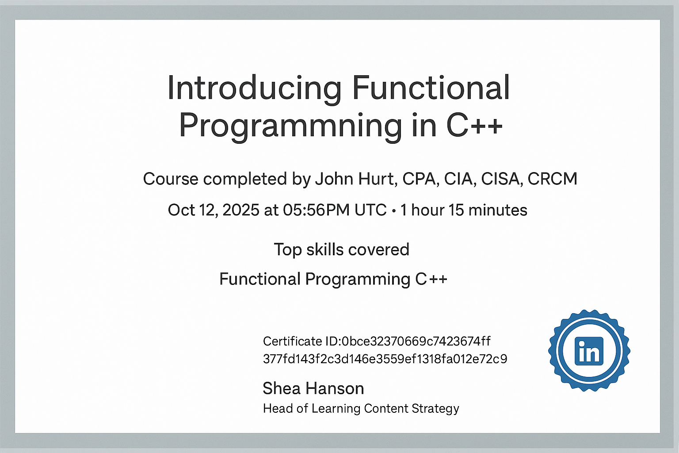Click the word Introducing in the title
(254, 88)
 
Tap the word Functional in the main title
(431, 88)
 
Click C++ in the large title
(474, 125)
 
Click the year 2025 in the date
(240, 210)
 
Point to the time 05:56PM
(316, 210)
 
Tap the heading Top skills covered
(342, 250)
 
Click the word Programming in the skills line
(358, 279)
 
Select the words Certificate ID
(301, 342)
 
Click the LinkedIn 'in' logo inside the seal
(589, 351)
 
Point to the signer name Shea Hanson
(313, 388)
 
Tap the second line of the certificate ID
(385, 359)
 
